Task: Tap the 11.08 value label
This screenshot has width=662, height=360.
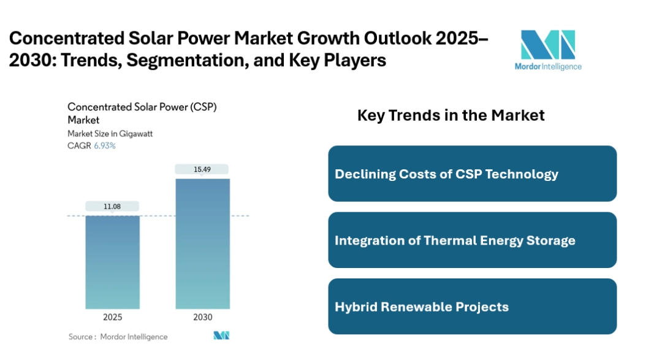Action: coord(113,207)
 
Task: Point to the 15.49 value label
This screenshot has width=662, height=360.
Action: coord(202,169)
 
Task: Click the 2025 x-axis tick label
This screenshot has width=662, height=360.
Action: coord(113,317)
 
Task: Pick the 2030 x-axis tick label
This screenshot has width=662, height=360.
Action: coord(203,317)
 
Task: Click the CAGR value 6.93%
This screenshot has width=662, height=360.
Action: coord(105,146)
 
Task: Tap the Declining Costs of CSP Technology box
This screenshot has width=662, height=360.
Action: coord(472,174)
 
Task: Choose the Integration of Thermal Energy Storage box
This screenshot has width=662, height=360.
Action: coord(472,240)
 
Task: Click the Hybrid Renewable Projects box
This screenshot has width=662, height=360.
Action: coord(472,306)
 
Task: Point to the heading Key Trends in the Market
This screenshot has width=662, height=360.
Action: coord(451,115)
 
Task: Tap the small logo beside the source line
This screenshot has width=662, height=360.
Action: coord(221,335)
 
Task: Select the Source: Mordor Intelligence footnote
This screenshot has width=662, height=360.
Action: coord(118,336)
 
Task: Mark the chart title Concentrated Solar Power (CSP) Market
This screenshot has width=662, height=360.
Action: coord(142,113)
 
